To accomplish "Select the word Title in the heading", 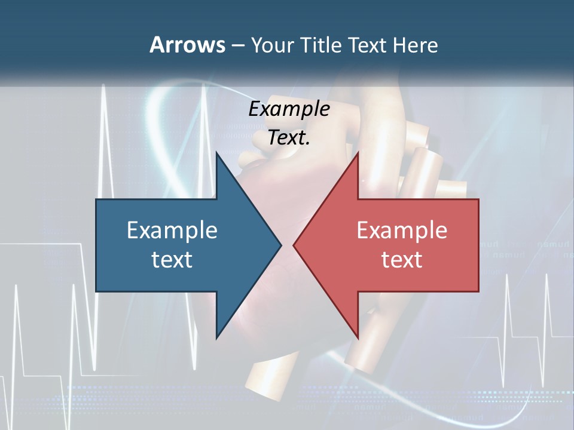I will tap(323, 45).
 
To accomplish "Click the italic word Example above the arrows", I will tap(289, 109).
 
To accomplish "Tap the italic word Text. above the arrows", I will tap(289, 137).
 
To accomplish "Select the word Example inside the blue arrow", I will tap(172, 230).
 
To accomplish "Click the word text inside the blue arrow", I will tap(172, 259).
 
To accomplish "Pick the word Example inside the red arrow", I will tap(402, 230).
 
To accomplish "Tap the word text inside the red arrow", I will tap(402, 259).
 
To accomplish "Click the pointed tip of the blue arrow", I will tap(281, 245).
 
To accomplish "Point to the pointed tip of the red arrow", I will tap(294, 245).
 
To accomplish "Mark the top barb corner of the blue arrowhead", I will tap(216, 153).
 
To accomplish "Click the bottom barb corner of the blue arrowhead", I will tap(216, 337).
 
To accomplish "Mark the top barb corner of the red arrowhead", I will tap(358, 153).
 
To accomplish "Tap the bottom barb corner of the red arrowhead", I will tap(358, 337).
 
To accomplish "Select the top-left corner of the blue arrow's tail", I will tap(96, 199).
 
